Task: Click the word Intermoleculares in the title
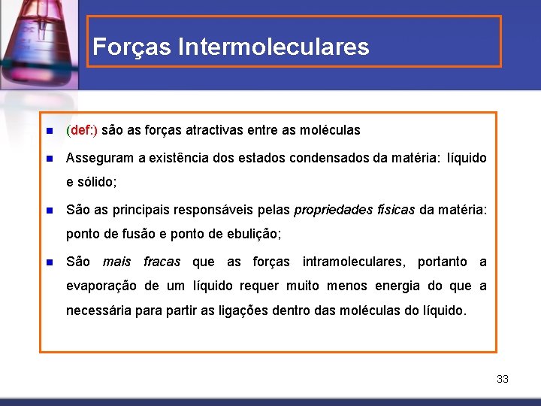(x=274, y=47)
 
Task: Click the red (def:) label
(x=82, y=130)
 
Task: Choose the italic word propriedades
(x=329, y=211)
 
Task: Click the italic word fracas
(x=162, y=262)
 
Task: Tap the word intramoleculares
(x=352, y=262)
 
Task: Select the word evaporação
(x=101, y=286)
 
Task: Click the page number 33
(x=503, y=379)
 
